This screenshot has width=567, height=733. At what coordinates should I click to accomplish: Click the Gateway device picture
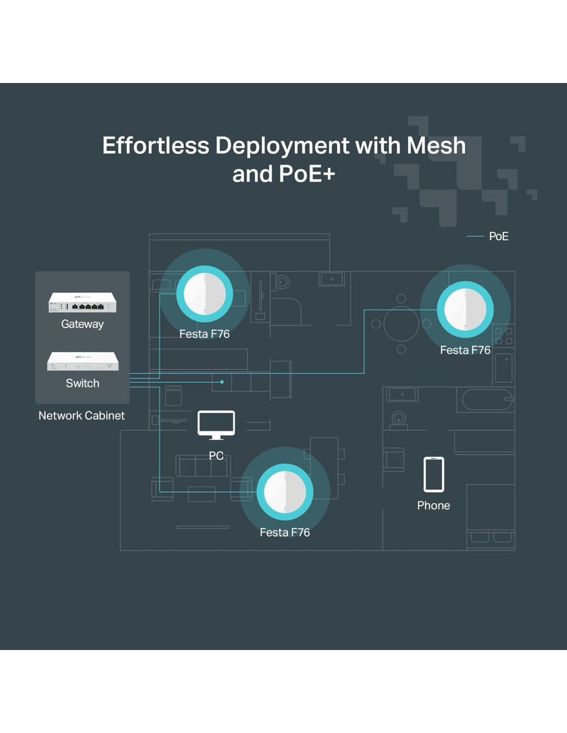tap(82, 303)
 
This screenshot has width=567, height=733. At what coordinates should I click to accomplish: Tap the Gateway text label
tap(82, 324)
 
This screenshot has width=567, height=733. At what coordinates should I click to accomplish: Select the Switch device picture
tap(82, 361)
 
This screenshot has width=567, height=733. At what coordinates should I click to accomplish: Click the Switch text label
tap(82, 384)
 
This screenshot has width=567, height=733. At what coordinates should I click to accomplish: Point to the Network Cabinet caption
tap(81, 415)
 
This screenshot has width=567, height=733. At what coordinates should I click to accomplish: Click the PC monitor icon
tap(216, 424)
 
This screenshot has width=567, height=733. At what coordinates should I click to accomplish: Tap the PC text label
tap(216, 456)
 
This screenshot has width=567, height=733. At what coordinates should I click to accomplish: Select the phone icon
tap(433, 474)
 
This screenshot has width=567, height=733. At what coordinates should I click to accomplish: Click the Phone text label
tap(433, 506)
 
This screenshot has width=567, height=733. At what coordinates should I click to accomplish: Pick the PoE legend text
tap(498, 237)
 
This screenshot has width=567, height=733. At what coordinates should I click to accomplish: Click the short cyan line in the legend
tap(475, 237)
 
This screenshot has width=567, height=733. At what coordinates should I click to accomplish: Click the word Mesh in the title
tap(436, 146)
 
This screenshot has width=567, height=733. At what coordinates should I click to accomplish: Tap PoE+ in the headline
tap(307, 174)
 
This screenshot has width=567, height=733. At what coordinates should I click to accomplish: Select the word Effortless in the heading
tap(156, 146)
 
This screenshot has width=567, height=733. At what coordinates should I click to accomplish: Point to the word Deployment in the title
tap(282, 146)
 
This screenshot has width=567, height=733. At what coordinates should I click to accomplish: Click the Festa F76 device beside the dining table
tap(465, 309)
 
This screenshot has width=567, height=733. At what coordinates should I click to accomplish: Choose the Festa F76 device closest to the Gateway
tap(205, 294)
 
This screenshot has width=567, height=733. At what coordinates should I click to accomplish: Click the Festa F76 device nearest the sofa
tap(285, 492)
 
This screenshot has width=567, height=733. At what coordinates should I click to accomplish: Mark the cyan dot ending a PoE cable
tap(222, 382)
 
